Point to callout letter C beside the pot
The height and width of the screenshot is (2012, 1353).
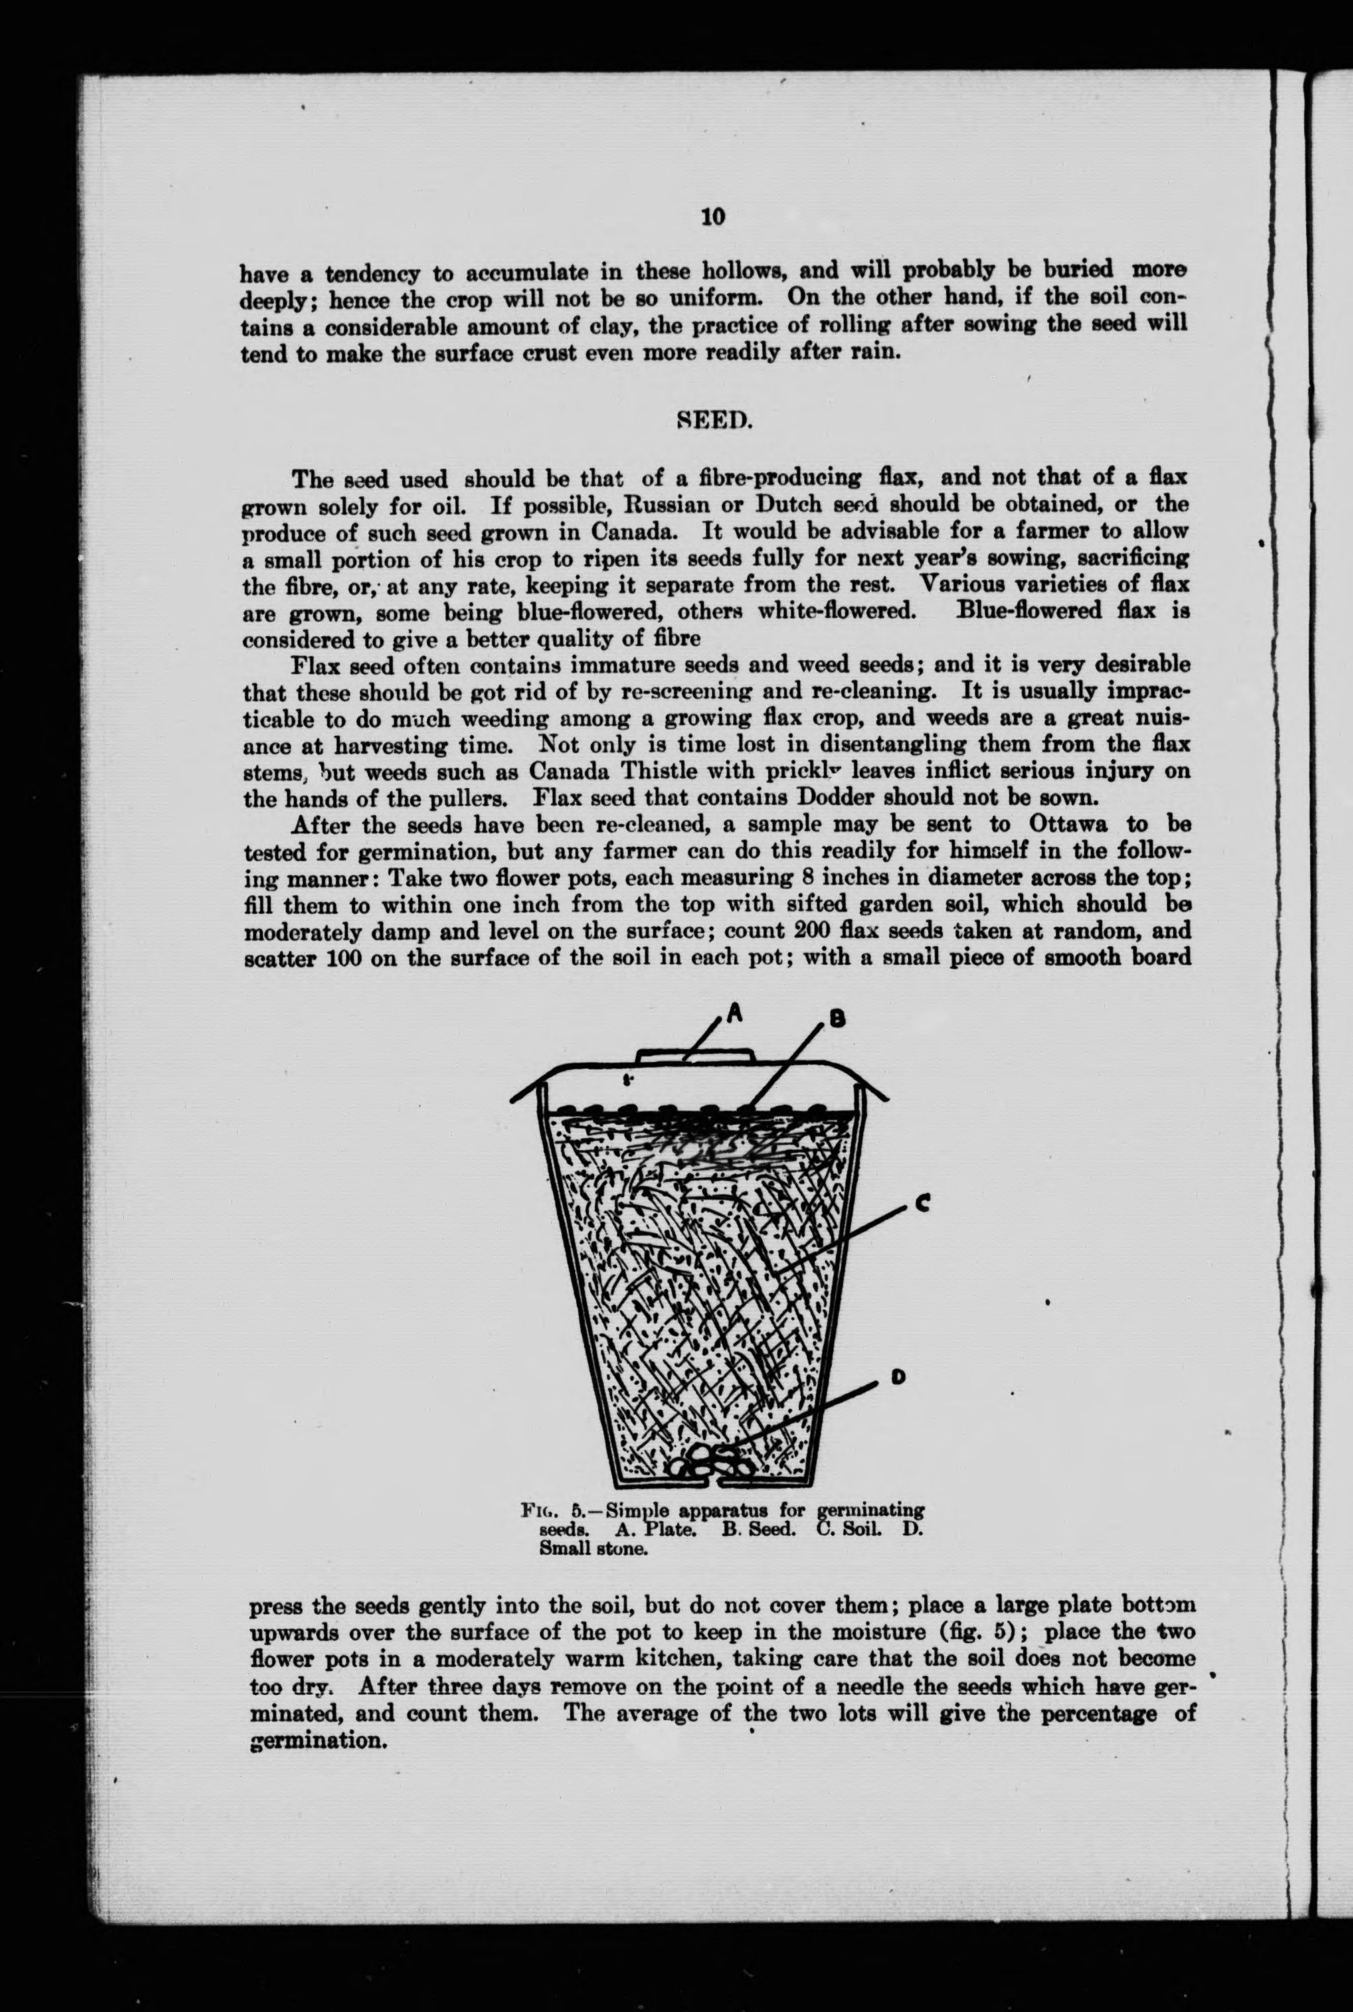coord(921,1206)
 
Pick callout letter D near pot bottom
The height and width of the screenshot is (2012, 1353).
coord(897,1379)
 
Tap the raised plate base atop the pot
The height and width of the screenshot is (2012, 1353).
coord(695,1055)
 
